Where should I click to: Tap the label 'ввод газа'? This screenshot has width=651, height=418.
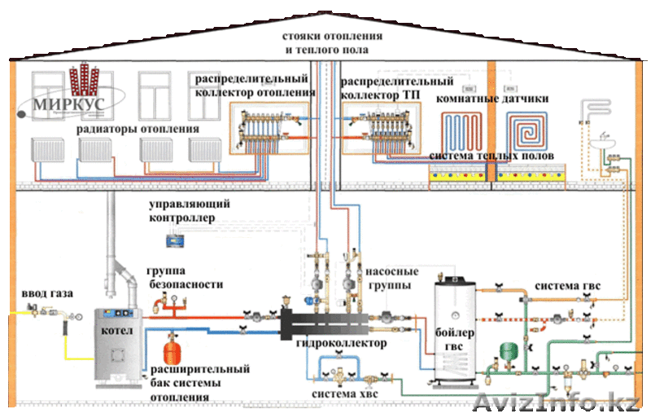pyautogui.click(x=35, y=293)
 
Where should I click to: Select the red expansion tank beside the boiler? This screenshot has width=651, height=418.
pyautogui.click(x=172, y=348)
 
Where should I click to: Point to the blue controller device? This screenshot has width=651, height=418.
pyautogui.click(x=171, y=239)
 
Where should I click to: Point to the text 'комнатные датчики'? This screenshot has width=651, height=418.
pyautogui.click(x=492, y=98)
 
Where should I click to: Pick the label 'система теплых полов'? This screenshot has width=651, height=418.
pyautogui.click(x=492, y=155)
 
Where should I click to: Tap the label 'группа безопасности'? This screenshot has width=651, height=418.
pyautogui.click(x=185, y=277)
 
